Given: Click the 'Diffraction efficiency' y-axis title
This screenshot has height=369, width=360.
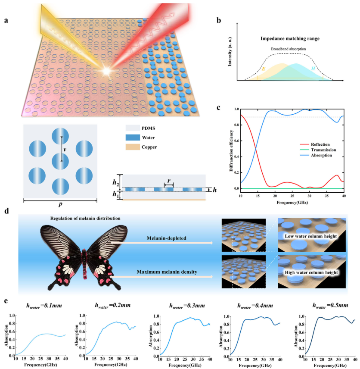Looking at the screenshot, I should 231,150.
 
